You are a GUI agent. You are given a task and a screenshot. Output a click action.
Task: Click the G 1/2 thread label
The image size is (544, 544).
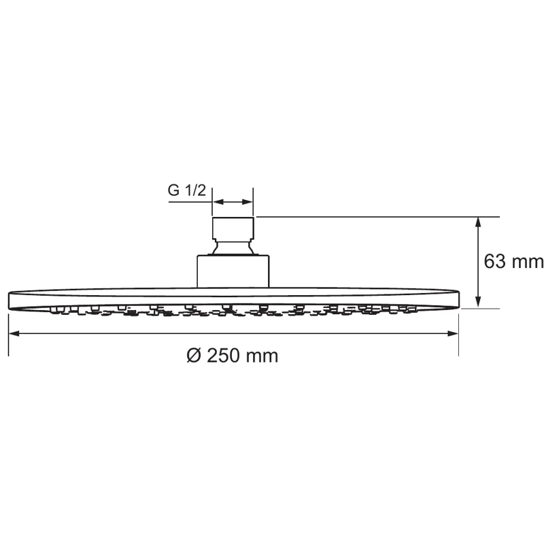tap(187, 191)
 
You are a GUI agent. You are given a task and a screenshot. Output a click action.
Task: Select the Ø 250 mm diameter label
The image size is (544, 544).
tap(232, 356)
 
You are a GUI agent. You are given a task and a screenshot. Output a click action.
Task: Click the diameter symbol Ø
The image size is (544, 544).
tap(193, 356)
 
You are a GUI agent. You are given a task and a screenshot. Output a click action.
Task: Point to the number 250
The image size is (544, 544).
tap(224, 356)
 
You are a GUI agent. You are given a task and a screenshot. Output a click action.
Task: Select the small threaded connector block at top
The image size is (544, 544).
tap(233, 228)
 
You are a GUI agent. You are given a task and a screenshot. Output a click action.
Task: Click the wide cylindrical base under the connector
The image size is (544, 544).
tap(233, 271)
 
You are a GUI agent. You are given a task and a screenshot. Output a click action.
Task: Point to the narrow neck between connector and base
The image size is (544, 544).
tap(233, 248)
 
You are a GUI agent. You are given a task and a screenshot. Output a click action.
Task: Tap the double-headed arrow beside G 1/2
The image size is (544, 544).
tap(233, 202)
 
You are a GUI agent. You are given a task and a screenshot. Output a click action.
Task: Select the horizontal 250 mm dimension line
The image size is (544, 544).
tap(136, 333)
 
